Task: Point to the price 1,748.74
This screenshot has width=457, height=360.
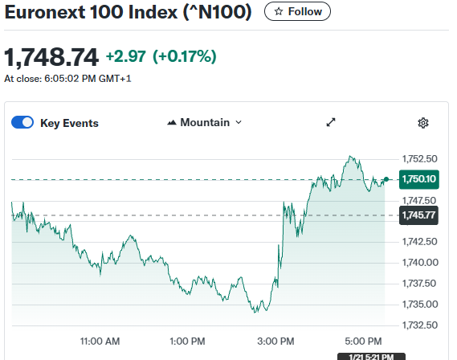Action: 51,57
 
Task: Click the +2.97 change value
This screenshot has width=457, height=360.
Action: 124,56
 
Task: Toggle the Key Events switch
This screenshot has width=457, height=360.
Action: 22,123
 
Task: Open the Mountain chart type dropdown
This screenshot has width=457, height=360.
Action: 205,123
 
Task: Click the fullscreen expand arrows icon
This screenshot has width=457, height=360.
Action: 330,123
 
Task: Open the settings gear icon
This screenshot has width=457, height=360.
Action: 423,123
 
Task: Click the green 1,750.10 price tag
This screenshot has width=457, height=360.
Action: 418,179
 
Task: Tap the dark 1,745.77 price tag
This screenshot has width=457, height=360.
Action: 418,215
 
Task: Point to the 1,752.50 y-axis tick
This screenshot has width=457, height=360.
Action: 418,158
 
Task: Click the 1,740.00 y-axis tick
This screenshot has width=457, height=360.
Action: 418,262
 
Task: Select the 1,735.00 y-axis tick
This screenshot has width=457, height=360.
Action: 418,304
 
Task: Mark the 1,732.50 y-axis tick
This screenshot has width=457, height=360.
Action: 418,325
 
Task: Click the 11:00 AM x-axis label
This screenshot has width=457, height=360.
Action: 100,341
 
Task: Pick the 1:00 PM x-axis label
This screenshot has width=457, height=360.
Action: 188,341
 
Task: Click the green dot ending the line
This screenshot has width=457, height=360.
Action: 386,179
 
